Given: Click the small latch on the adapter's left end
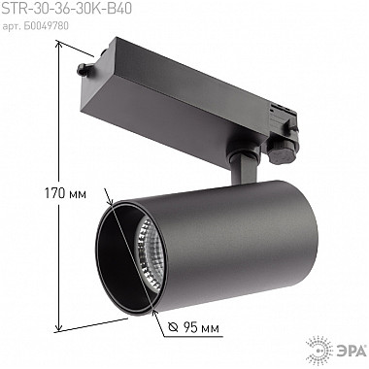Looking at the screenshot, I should coord(82,70).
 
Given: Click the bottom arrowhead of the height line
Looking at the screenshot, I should coord(65,325).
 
